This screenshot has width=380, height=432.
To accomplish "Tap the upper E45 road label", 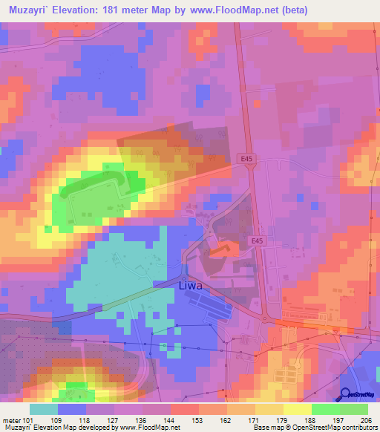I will pos(248,158).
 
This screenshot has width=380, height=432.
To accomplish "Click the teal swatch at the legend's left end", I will pos(43,409).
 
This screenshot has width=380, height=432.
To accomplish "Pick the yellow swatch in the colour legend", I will pos(295,409).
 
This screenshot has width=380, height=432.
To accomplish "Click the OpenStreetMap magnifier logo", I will pos(346,394).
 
